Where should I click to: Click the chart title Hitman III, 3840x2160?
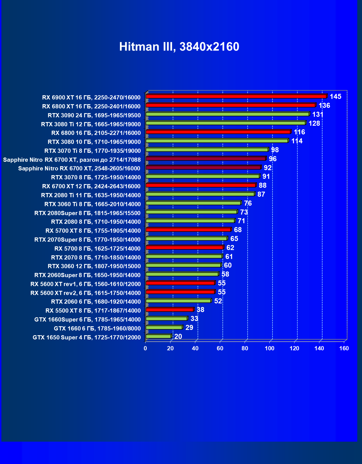click(x=179, y=47)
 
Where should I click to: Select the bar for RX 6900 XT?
click(x=236, y=96)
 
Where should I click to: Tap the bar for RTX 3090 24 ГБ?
click(x=227, y=114)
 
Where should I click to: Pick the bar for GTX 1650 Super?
click(x=158, y=336)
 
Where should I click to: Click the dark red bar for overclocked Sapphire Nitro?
click(x=206, y=159)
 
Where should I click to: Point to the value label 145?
click(x=336, y=97)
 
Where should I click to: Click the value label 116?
click(x=300, y=132)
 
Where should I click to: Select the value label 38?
click(x=200, y=310)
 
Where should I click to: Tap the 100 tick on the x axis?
click(x=269, y=348)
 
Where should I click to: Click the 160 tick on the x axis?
click(x=344, y=348)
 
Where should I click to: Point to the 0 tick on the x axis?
click(x=145, y=348)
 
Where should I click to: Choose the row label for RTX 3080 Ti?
click(x=91, y=124)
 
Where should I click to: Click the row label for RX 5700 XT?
click(x=93, y=231)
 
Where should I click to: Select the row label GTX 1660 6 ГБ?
click(x=97, y=329)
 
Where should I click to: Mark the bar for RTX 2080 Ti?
click(x=200, y=194)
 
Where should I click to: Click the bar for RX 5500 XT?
click(x=170, y=310)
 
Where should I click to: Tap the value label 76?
click(x=248, y=203)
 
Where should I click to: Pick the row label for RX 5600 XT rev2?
click(x=86, y=293)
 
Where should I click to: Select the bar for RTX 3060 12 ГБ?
click(x=183, y=265)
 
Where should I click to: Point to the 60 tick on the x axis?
click(x=220, y=348)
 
